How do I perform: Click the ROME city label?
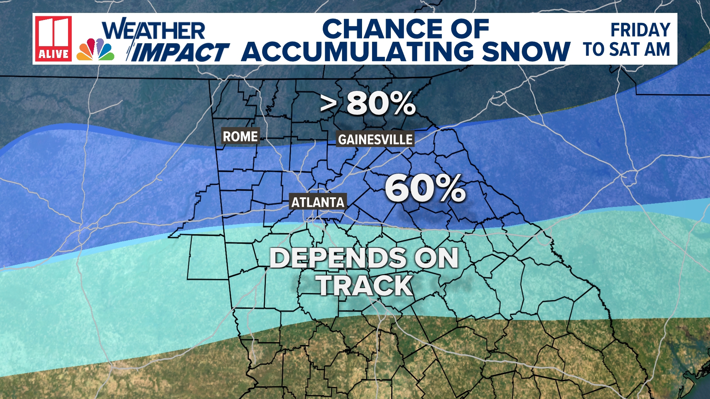tap(240, 136)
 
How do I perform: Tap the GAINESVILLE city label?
tap(375, 139)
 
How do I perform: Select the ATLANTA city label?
tap(318, 202)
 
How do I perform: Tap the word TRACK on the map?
tap(365, 285)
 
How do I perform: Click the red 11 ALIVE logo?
tap(53, 38)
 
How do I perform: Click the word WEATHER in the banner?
tap(153, 30)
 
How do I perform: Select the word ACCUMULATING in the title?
tap(357, 51)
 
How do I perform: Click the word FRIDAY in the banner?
tap(640, 30)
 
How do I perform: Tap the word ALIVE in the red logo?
tap(53, 54)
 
